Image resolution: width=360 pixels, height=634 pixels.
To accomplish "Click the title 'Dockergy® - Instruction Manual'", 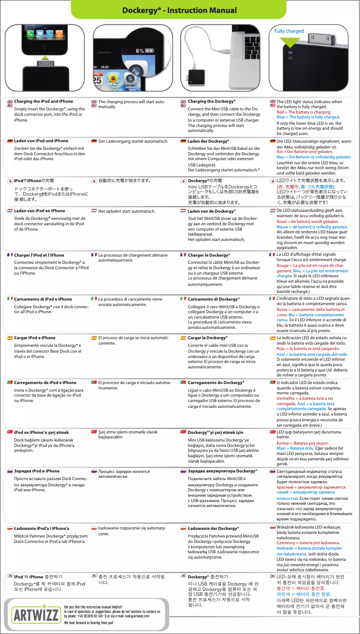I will [180, 10].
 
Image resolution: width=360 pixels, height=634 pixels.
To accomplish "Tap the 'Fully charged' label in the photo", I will [289, 31].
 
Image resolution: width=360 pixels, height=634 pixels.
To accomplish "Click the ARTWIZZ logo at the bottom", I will [35, 614].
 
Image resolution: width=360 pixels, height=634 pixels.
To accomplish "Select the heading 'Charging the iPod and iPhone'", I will [44, 101].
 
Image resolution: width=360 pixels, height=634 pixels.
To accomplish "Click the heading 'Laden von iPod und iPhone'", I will [41, 141].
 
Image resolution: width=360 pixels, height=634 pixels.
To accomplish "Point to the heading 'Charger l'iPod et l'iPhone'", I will [39, 255].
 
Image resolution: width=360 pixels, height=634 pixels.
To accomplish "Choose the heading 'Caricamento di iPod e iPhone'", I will [43, 299].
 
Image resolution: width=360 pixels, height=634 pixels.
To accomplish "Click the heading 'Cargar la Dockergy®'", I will [207, 338].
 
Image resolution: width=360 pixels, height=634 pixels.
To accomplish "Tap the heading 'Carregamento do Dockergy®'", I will [216, 383].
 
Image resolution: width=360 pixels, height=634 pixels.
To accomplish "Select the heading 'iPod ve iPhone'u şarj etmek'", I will [41, 433].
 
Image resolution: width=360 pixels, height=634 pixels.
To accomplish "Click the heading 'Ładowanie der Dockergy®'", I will [213, 529].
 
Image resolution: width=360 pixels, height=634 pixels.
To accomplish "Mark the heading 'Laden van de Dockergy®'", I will [211, 211].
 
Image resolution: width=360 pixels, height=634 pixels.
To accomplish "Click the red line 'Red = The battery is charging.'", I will [304, 112].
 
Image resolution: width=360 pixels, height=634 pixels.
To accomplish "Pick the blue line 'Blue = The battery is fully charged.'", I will [308, 117].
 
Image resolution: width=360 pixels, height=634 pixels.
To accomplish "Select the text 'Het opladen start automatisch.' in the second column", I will [127, 211].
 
